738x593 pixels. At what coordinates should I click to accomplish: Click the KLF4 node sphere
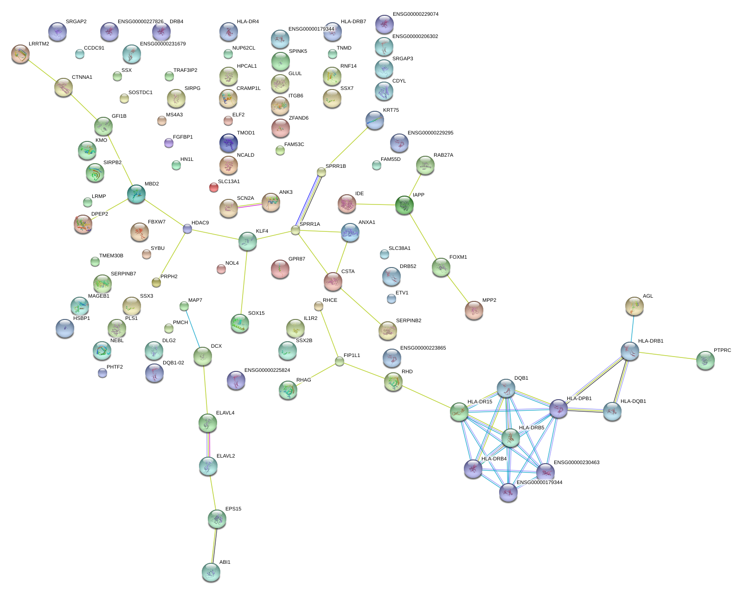coord(247,241)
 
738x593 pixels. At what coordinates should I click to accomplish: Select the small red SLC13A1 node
coord(214,187)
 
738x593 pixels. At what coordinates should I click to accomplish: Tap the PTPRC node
coord(705,360)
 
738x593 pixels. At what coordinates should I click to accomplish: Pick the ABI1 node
coord(211,572)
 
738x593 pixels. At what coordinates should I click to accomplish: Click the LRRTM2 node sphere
coord(20,54)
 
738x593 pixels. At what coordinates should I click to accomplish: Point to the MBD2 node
coord(136,194)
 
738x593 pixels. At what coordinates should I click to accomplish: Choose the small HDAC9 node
coord(187,229)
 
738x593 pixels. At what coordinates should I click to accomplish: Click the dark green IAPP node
coord(404,205)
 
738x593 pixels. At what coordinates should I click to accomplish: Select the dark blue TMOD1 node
coord(228,143)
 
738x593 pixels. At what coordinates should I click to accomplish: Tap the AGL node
coord(634,306)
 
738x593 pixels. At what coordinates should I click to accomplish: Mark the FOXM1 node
coord(441,267)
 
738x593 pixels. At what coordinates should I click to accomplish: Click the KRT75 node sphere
coord(374,120)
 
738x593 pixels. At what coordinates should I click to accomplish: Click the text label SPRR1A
coord(310,224)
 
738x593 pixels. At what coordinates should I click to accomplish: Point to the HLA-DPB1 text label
coord(579,399)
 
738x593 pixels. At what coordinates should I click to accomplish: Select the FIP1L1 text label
coord(352,356)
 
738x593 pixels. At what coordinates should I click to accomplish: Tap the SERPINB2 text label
coord(409,321)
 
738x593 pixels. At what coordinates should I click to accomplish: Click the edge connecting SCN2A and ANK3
coord(250,205)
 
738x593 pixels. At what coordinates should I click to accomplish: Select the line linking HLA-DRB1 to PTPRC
coord(667,356)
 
